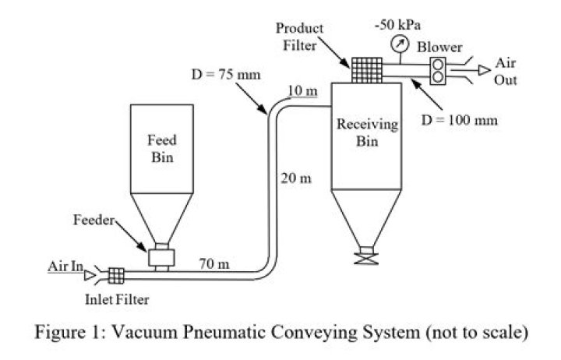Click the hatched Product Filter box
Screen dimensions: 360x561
(x=360, y=69)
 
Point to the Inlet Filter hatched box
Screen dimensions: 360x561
(x=117, y=274)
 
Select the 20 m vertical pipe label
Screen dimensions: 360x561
(x=296, y=178)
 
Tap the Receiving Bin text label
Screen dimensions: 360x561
(x=366, y=133)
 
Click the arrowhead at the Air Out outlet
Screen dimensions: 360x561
(x=484, y=70)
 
